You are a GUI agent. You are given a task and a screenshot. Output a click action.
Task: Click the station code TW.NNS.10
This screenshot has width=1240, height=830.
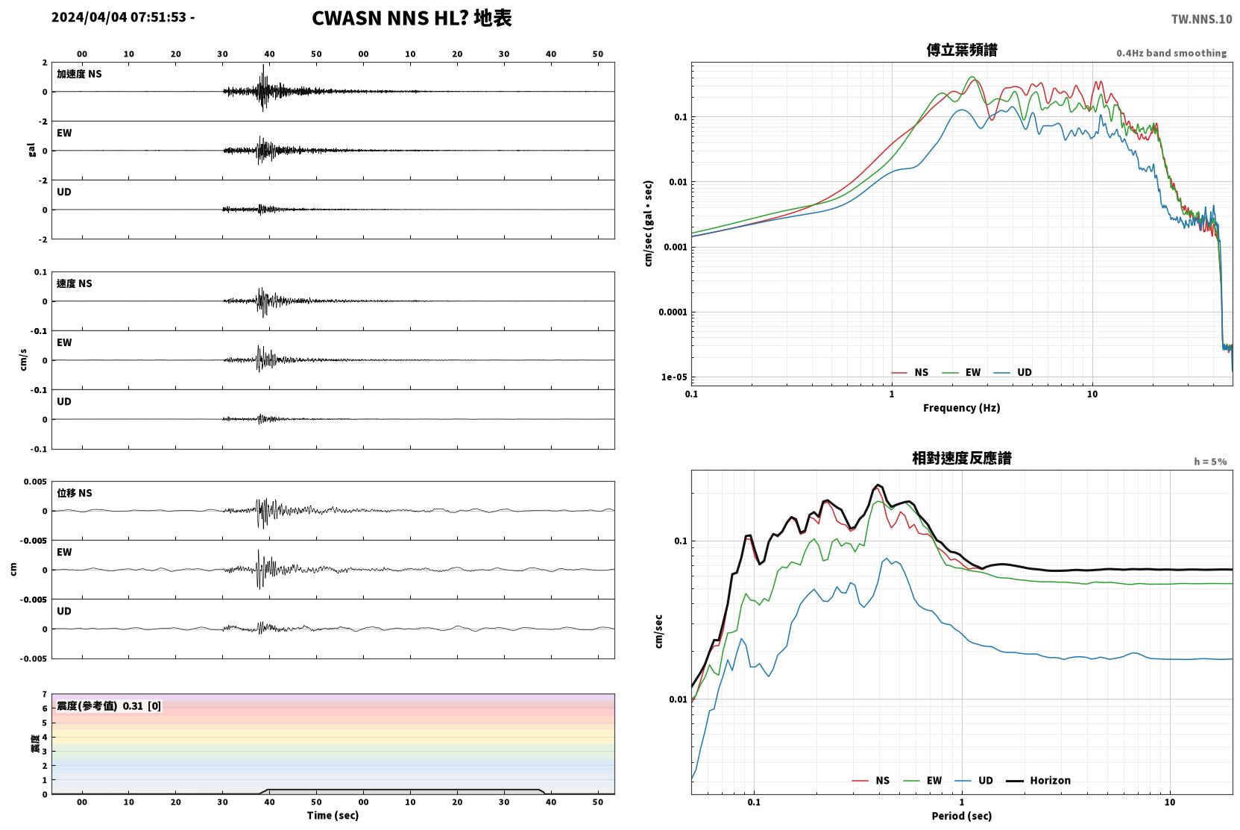coord(1201,19)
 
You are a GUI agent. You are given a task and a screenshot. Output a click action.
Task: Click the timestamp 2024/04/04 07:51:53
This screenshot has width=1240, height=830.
coord(119,17)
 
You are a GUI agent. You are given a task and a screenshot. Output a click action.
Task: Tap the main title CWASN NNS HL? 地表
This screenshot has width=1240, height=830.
coord(412,18)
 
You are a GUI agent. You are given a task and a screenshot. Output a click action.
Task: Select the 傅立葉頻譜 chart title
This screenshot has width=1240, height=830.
coord(962,50)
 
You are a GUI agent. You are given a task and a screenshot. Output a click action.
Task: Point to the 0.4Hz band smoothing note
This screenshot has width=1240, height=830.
coord(1171,53)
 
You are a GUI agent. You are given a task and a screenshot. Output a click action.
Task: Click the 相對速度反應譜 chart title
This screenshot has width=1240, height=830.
coord(962,458)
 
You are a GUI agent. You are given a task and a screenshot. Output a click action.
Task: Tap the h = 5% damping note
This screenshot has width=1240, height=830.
coord(1210,461)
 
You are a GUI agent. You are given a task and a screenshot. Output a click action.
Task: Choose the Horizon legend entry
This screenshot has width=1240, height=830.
coord(1038,780)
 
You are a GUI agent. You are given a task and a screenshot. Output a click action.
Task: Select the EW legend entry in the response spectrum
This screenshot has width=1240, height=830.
coord(922,780)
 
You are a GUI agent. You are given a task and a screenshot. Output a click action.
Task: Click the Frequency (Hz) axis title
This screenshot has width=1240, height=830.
coord(962,408)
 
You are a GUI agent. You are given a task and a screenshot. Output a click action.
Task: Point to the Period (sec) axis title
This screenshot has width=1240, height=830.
coord(962,816)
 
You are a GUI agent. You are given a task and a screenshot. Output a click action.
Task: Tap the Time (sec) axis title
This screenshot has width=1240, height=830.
coord(333,815)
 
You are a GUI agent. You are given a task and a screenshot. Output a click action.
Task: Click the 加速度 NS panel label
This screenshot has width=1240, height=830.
coord(79,74)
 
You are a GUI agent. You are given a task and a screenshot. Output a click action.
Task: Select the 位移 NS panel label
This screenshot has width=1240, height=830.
coord(74,493)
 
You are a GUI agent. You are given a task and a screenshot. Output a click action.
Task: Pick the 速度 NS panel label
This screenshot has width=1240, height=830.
coord(74,283)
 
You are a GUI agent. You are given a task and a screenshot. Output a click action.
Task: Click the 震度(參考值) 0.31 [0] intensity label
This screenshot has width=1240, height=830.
coord(109,706)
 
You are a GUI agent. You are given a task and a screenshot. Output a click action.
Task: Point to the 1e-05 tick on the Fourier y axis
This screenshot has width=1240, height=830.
coord(674,377)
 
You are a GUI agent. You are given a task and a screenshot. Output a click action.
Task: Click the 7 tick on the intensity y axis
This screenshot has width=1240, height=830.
coord(45,694)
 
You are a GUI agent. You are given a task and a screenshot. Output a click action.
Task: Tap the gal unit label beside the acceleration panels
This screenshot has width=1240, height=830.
coord(31,150)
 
